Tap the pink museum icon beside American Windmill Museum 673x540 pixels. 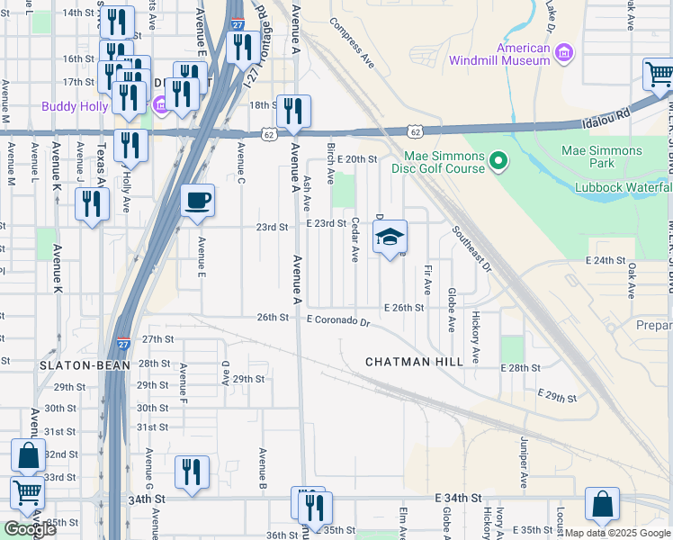(564, 54)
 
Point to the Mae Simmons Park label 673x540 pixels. (602, 157)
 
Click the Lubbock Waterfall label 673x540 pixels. (624, 187)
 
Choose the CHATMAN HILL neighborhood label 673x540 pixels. (414, 362)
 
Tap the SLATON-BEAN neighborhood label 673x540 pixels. (75, 366)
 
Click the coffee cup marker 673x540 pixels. (198, 202)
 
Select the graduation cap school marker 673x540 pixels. (390, 238)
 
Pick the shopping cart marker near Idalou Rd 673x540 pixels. (658, 76)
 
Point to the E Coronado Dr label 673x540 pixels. (338, 319)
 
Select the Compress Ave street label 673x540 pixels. (352, 43)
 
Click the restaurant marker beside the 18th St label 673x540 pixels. (293, 112)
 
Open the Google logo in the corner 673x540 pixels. (30, 529)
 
